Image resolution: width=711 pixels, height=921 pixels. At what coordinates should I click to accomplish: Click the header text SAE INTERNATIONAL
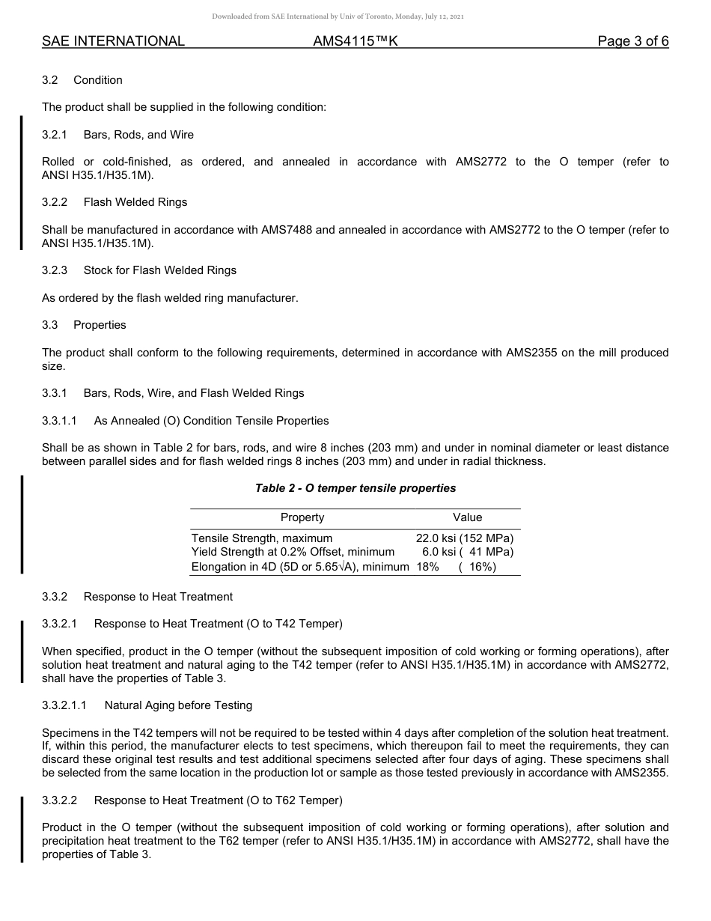click(113, 42)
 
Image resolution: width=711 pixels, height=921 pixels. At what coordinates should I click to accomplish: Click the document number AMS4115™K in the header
click(355, 42)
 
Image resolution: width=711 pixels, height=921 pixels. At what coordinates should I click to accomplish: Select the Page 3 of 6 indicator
click(632, 42)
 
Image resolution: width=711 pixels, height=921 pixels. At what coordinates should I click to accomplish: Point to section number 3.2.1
click(55, 135)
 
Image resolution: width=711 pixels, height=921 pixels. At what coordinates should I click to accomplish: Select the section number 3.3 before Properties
click(50, 325)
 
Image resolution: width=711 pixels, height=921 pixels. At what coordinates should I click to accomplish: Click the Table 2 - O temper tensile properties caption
click(355, 488)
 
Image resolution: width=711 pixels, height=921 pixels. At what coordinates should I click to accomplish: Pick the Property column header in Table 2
click(302, 517)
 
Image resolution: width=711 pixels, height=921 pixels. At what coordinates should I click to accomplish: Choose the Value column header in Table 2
click(468, 517)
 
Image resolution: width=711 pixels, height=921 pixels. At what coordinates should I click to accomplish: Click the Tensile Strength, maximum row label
click(262, 538)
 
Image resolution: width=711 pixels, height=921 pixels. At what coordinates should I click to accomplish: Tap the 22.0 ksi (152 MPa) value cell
click(465, 538)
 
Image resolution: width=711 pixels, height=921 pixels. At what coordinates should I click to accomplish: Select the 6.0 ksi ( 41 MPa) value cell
click(467, 553)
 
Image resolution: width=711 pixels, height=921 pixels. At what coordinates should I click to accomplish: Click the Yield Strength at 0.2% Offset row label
click(293, 553)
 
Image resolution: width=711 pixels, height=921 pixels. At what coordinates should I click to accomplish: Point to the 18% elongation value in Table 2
click(427, 567)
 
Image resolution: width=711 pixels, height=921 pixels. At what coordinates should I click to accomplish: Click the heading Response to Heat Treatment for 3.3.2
click(158, 597)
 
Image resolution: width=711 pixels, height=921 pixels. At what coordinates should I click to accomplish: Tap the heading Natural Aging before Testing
click(178, 705)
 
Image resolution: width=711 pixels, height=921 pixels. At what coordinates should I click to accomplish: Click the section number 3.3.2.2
click(60, 800)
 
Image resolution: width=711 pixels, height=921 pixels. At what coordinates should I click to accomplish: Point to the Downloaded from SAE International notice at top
click(338, 16)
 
